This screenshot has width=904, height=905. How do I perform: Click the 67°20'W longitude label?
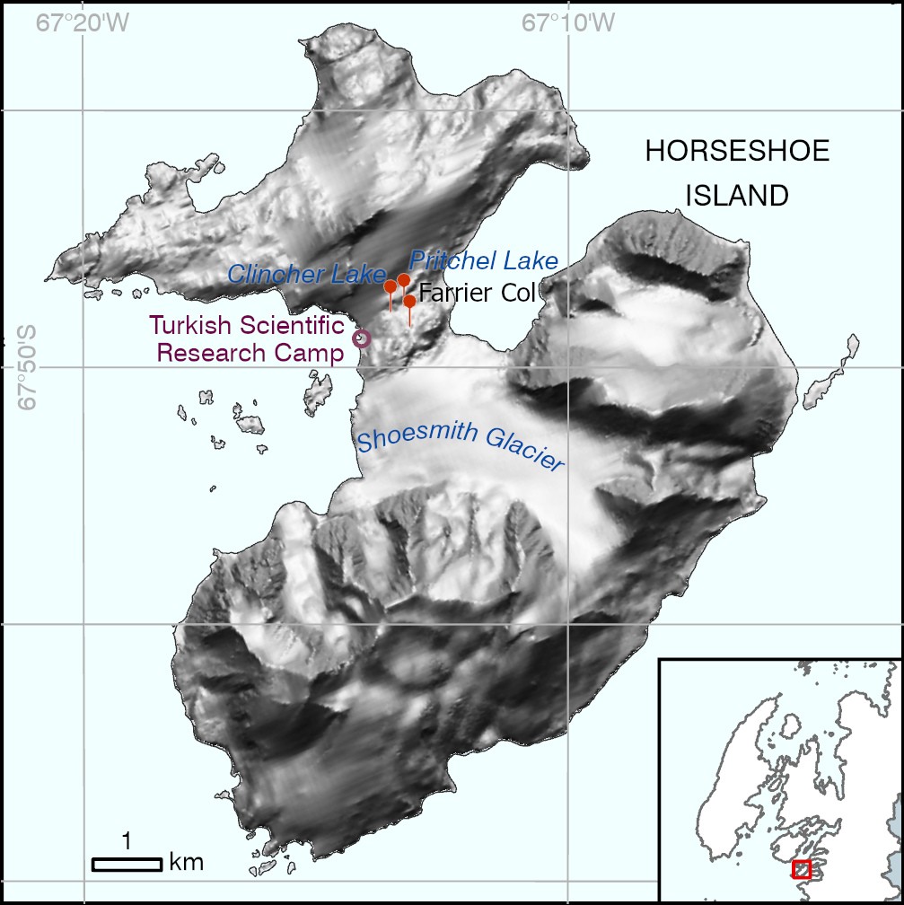(x=83, y=21)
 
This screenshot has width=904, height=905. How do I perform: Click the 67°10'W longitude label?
(x=568, y=21)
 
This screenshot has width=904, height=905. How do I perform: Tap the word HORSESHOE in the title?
(x=737, y=152)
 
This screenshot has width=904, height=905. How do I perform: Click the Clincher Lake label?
(x=306, y=275)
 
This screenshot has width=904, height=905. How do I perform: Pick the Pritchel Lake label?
(x=484, y=261)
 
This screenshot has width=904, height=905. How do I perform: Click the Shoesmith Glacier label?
(x=460, y=449)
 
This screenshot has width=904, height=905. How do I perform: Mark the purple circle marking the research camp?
(x=362, y=338)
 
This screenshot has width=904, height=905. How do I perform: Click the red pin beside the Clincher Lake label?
(x=391, y=286)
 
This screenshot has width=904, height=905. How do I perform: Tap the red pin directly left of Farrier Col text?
(x=409, y=301)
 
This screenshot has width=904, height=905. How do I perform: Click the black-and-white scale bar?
(x=127, y=864)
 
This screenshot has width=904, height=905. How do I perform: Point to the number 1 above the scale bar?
(x=127, y=841)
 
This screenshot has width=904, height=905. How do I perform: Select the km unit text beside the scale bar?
(x=186, y=863)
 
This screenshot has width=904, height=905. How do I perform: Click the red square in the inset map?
(x=802, y=869)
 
